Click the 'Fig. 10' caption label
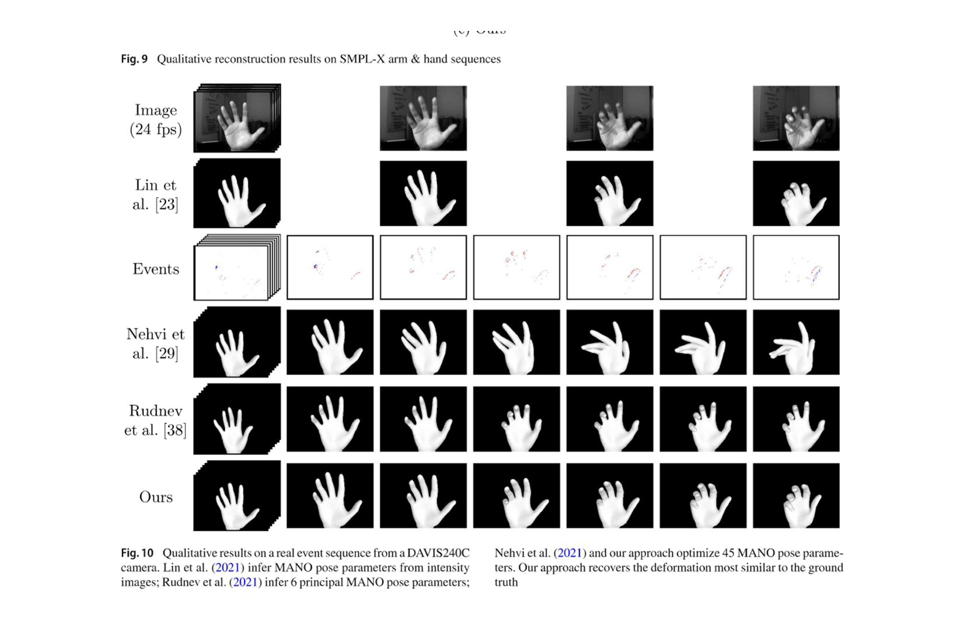click(137, 553)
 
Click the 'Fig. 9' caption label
click(134, 59)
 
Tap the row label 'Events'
click(155, 269)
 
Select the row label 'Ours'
click(156, 497)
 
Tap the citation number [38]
click(175, 430)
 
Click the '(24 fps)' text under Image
click(155, 129)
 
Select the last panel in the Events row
click(796, 268)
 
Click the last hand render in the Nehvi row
click(796, 342)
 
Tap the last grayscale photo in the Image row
click(796, 118)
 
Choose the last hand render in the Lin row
click(796, 193)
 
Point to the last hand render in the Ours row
click(796, 496)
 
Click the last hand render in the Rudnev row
click(796, 419)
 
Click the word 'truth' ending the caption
click(506, 582)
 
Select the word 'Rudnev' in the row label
click(155, 411)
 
